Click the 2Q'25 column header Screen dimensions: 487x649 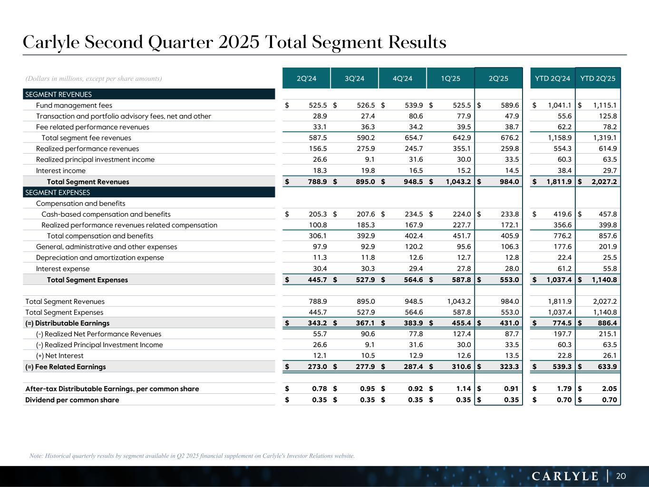pyautogui.click(x=498, y=78)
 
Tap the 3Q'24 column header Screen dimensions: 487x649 pyautogui.click(x=354, y=78)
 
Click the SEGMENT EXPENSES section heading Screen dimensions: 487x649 pyautogui.click(x=58, y=193)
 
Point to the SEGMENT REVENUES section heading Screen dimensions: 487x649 pyautogui.click(x=58, y=95)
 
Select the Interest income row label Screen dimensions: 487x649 pyautogui.click(x=61, y=171)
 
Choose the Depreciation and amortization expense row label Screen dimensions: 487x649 pyautogui.click(x=100, y=258)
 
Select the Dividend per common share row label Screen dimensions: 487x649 pyautogui.click(x=72, y=399)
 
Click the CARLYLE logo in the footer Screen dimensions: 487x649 pyautogui.click(x=565, y=476)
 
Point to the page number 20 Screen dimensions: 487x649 pyautogui.click(x=621, y=476)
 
